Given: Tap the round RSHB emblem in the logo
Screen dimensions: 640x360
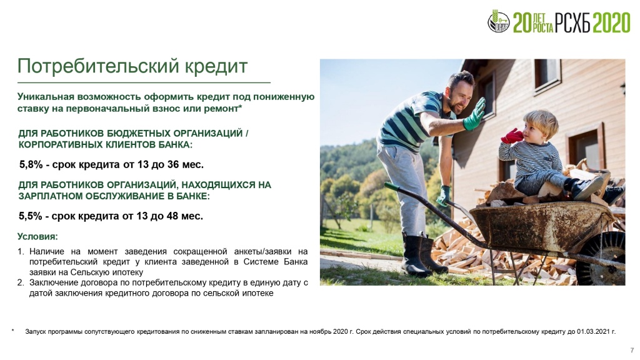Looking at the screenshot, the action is point(498,22).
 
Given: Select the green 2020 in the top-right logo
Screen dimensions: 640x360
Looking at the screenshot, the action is point(612,22).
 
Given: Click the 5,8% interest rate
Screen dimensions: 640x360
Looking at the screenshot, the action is point(31,164).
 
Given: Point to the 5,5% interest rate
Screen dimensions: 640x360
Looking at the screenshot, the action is point(30,216).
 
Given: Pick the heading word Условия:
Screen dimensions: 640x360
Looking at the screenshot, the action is point(37,237).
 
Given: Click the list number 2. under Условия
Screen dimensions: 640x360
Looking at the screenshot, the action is point(21,282).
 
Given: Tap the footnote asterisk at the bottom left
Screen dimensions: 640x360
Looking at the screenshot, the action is point(13,331).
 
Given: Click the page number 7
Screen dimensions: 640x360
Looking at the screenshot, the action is point(632,350).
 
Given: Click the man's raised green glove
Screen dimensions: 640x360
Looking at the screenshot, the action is point(474,114).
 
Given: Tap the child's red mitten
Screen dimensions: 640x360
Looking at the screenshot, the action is point(512,136).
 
